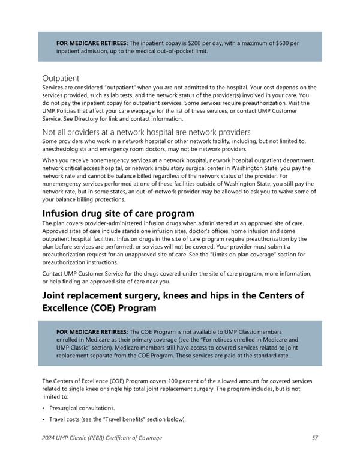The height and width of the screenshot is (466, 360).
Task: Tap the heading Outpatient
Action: coord(61,78)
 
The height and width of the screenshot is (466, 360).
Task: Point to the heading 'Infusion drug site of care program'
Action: coord(118,214)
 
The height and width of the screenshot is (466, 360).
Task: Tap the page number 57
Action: coord(314,438)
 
